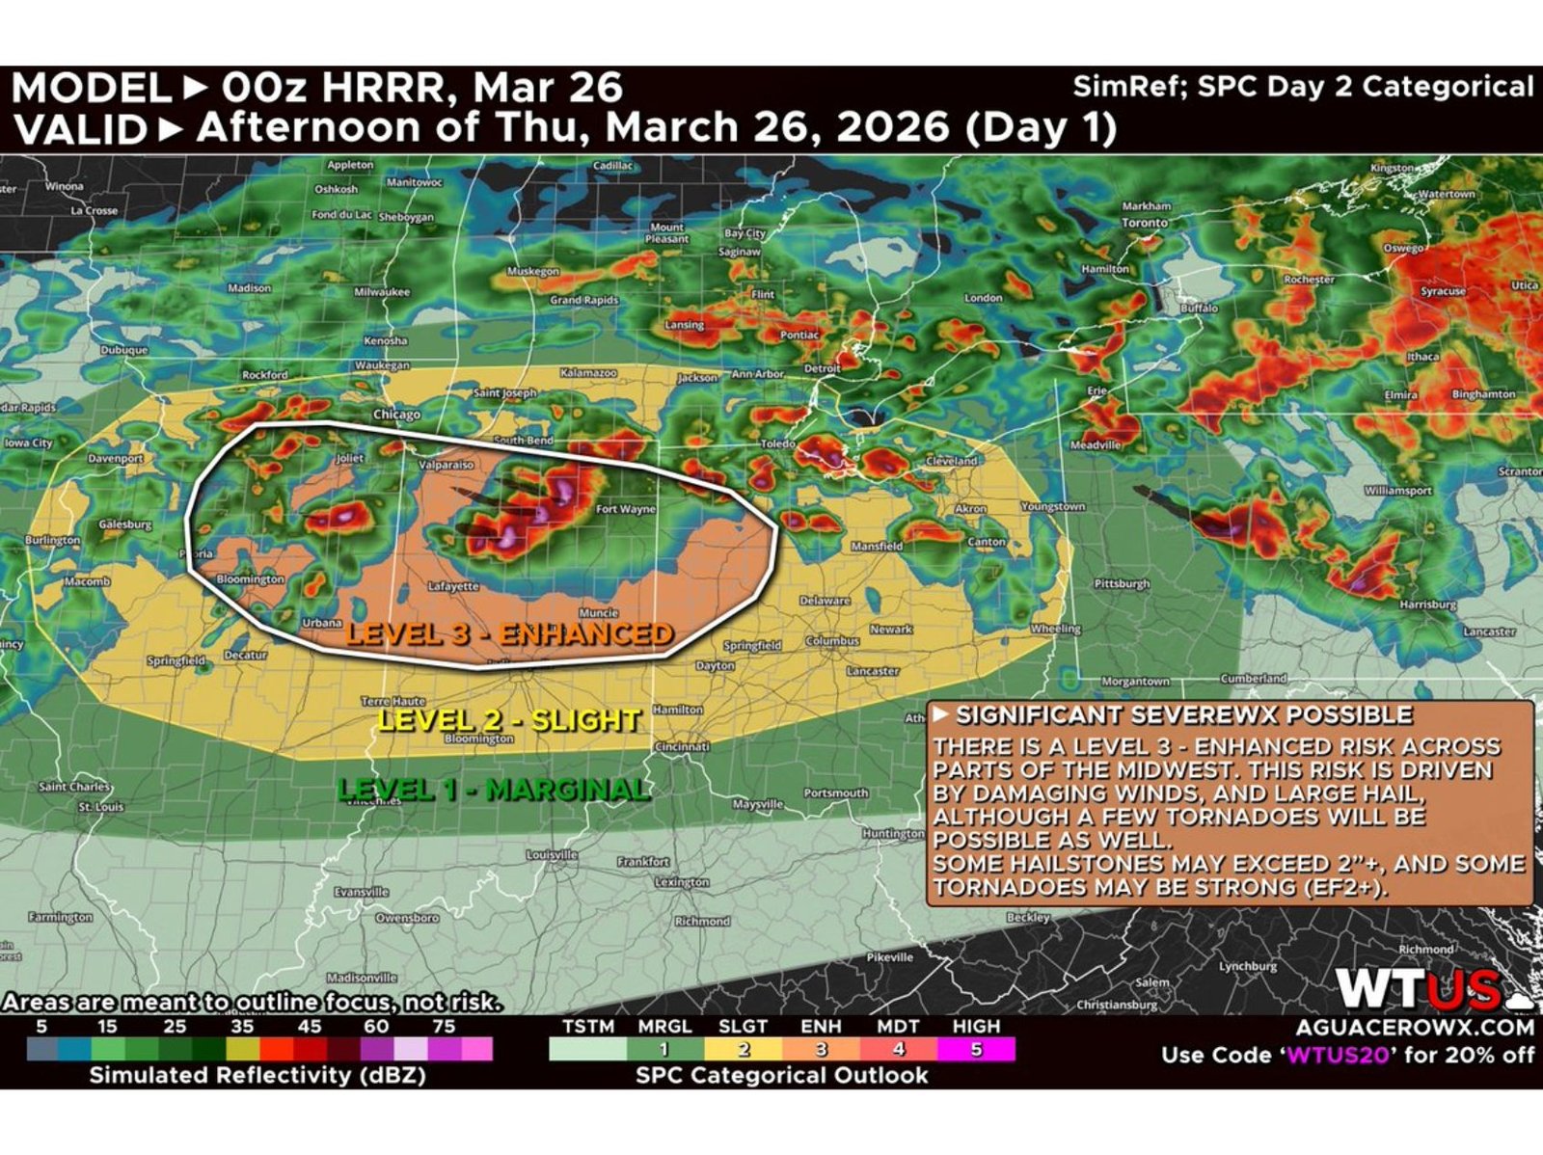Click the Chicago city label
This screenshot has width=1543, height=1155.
(396, 415)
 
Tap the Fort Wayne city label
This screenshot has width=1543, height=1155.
(625, 509)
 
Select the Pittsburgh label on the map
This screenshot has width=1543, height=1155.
(1122, 584)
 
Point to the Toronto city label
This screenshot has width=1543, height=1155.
(1145, 223)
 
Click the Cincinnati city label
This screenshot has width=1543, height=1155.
(682, 747)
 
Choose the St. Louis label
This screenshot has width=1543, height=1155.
(100, 806)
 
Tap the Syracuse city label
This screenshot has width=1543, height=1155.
(1443, 291)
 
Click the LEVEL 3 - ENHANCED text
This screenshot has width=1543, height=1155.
(509, 633)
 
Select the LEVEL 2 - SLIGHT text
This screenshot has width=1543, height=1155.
(509, 719)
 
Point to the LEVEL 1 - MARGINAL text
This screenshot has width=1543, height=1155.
(494, 790)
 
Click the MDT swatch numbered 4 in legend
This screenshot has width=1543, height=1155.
(899, 1049)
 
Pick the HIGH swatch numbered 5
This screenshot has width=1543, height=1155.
(976, 1049)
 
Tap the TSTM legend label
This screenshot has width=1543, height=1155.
(588, 1027)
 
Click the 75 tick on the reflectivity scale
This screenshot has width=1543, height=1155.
(444, 1027)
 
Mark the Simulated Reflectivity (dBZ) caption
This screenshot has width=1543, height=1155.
(257, 1075)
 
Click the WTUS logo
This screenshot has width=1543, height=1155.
(1418, 989)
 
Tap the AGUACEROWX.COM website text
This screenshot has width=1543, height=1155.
(1415, 1028)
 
